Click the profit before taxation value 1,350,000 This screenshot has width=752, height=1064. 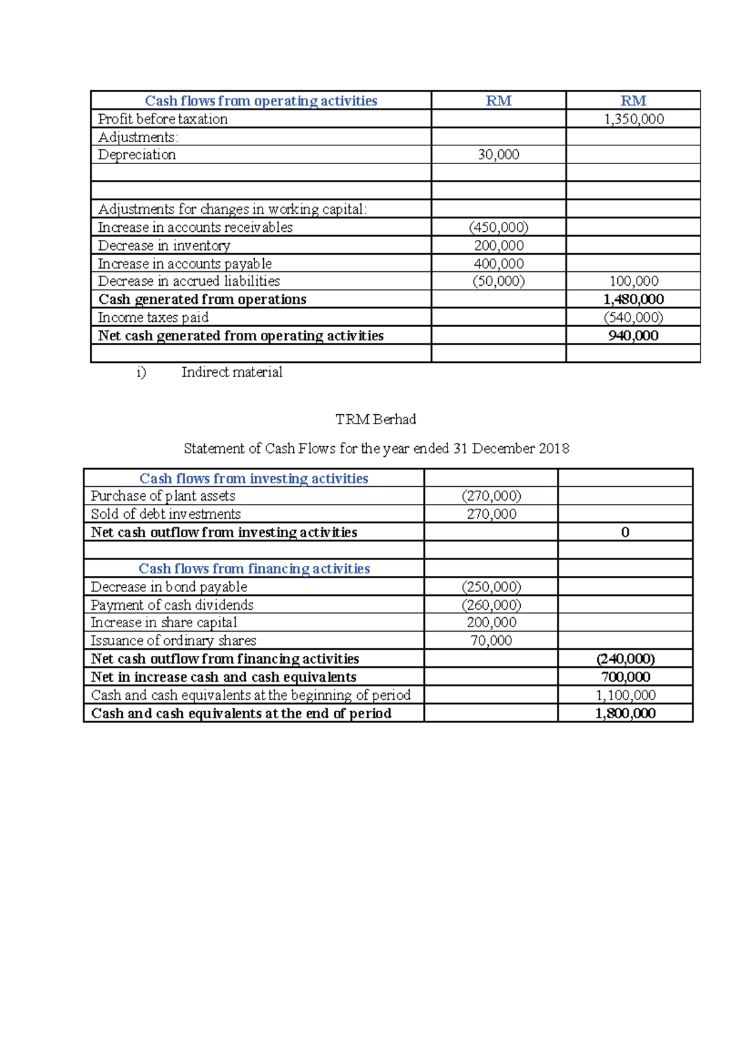tap(634, 119)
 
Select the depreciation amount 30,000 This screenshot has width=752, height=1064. tap(498, 155)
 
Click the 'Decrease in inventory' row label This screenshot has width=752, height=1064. tap(164, 246)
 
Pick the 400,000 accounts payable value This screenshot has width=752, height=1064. tap(498, 264)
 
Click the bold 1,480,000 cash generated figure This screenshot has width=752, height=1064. tap(633, 300)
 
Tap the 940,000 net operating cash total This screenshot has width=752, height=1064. tap(633, 336)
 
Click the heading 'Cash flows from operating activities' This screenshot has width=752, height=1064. tap(261, 101)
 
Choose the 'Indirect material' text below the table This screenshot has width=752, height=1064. tap(232, 372)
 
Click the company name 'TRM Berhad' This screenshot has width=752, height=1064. tap(375, 419)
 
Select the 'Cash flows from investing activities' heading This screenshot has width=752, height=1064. tap(254, 479)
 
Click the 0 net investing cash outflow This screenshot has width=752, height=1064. tap(625, 533)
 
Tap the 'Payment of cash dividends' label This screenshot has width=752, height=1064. tap(172, 605)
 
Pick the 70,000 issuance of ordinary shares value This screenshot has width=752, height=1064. tap(491, 641)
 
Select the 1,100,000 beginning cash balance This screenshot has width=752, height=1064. tap(625, 696)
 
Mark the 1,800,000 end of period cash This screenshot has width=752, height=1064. tap(625, 714)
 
